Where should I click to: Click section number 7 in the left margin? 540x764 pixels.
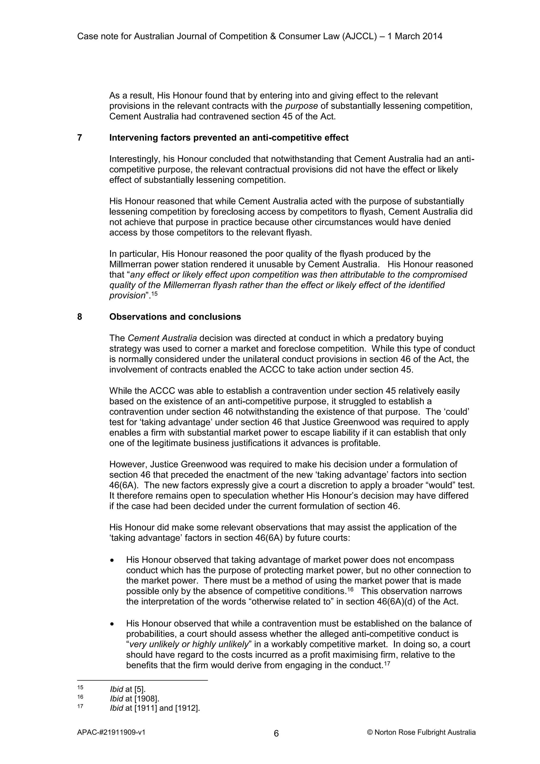(80, 137)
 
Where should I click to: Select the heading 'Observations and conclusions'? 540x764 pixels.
(175, 316)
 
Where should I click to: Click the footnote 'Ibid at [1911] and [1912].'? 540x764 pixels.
(155, 708)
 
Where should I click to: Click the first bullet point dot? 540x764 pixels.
(113, 561)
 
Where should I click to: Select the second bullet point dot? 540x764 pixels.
(113, 624)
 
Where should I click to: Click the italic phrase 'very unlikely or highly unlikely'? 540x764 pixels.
(189, 644)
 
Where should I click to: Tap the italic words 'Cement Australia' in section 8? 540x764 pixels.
(162, 338)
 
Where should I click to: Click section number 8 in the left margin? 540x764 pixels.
(80, 316)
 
